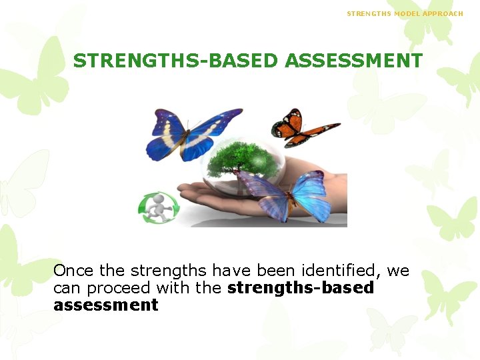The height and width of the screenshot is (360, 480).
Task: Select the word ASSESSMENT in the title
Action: click(x=353, y=61)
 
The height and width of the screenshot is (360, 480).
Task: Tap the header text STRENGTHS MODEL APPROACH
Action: click(x=405, y=13)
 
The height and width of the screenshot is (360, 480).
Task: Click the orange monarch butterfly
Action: click(x=301, y=127)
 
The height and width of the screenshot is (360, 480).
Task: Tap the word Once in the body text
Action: click(x=73, y=271)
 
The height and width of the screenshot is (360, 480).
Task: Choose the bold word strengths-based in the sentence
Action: click(x=301, y=288)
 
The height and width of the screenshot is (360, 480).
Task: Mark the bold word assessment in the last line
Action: click(x=105, y=305)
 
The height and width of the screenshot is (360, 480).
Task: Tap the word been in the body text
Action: click(x=273, y=271)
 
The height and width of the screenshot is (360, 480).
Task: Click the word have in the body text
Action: click(x=230, y=271)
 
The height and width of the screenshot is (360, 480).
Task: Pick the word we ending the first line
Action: click(x=398, y=271)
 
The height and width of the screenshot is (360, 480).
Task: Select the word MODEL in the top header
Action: click(x=407, y=13)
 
